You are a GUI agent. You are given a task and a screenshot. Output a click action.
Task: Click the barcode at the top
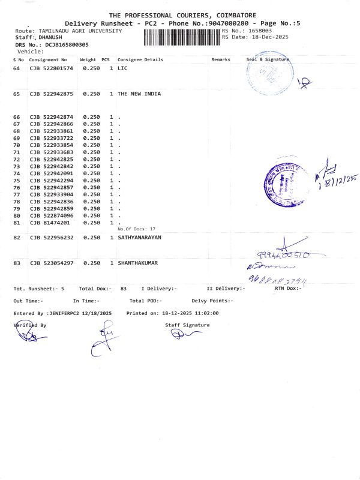click(x=181, y=37)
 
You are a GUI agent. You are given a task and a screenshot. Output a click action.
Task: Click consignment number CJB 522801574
click(x=51, y=69)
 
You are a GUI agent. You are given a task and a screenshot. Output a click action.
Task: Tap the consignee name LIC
click(x=122, y=69)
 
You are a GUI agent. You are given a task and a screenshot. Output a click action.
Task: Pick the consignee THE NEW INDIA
click(x=139, y=94)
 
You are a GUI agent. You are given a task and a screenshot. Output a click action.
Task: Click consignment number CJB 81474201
click(x=49, y=223)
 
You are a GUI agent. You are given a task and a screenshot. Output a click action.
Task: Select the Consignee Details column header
click(x=140, y=60)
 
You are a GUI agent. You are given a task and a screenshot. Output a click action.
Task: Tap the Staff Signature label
click(x=187, y=325)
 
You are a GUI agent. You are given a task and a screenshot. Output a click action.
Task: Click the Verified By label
click(x=30, y=325)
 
